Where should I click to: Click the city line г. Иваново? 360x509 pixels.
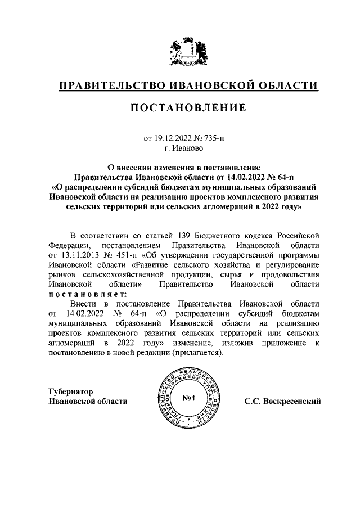[180, 148]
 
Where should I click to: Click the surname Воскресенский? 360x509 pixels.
[291, 402]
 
